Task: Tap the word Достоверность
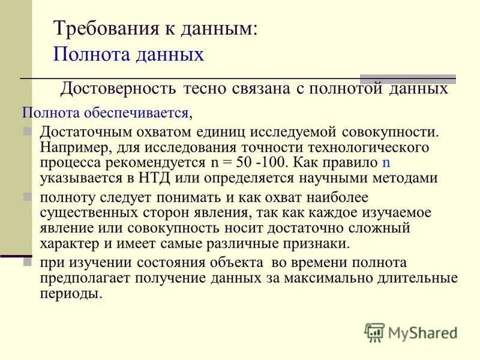118,89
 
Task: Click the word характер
67,244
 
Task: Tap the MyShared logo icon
374,331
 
